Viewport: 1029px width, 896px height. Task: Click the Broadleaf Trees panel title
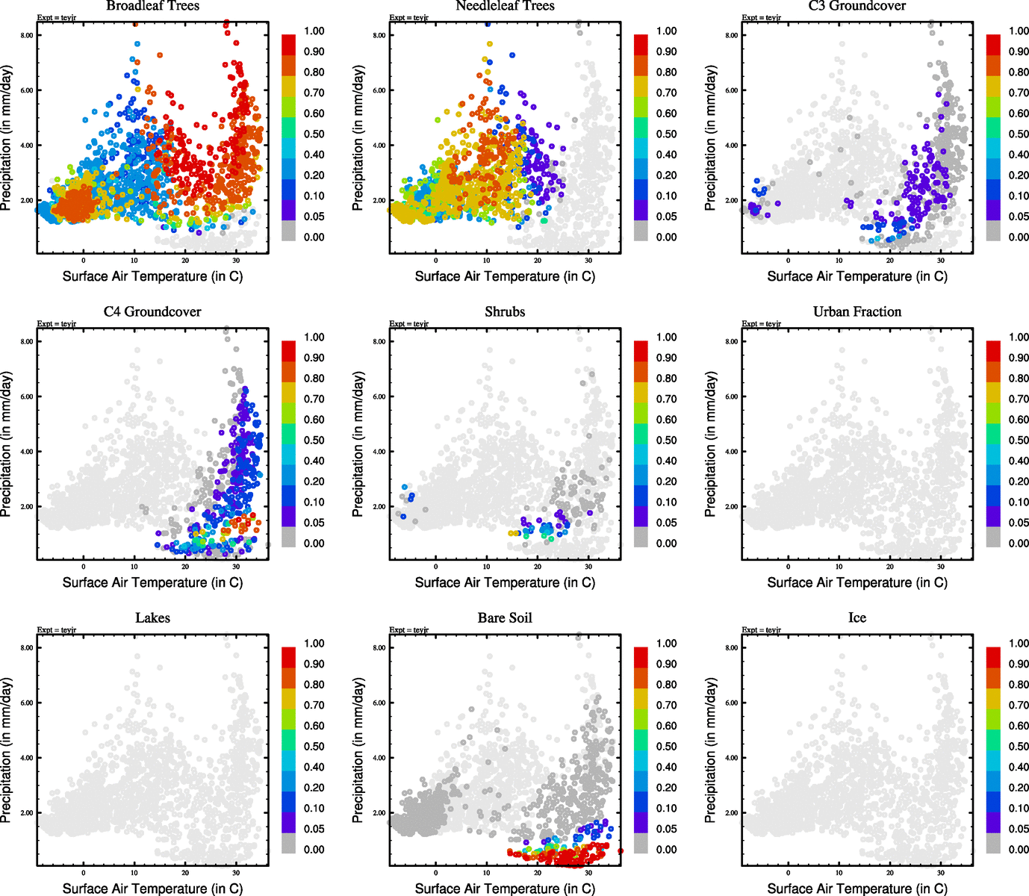click(152, 6)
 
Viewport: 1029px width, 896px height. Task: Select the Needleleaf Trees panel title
click(505, 6)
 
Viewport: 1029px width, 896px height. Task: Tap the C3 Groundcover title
click(857, 6)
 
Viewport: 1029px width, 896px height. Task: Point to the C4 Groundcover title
click(152, 312)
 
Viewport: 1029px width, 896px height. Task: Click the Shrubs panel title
click(505, 312)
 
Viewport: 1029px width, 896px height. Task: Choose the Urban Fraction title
click(857, 312)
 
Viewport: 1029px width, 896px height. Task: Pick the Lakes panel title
click(152, 618)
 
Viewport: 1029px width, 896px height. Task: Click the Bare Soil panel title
click(505, 618)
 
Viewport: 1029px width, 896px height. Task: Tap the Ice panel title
click(857, 618)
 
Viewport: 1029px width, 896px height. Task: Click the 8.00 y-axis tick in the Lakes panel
click(27, 648)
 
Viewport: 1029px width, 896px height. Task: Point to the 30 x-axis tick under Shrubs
click(588, 567)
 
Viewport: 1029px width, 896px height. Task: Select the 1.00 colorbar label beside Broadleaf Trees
click(314, 31)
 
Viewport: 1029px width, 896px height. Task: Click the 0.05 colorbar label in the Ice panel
click(1019, 829)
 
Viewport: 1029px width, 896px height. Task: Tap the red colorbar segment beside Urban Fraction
click(993, 351)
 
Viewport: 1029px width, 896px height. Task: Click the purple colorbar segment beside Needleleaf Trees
click(641, 211)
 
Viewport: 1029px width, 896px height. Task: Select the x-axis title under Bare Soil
click(505, 889)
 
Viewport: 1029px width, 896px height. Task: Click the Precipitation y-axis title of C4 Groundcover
click(7, 445)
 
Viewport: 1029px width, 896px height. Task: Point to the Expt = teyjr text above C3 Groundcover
click(761, 17)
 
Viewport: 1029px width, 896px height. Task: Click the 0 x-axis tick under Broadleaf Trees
click(84, 261)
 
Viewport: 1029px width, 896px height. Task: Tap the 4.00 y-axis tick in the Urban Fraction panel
click(732, 452)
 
